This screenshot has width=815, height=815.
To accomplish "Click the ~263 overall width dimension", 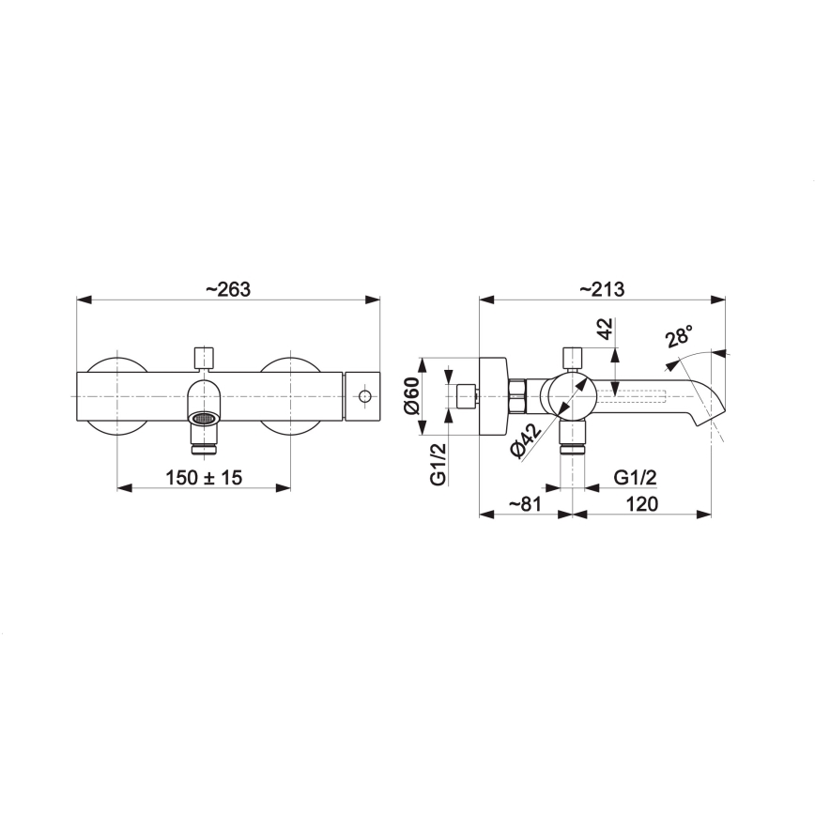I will (227, 289).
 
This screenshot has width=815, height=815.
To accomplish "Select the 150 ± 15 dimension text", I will (204, 478).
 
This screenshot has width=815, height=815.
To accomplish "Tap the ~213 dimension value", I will (602, 289).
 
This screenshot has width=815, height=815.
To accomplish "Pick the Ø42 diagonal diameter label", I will (527, 440).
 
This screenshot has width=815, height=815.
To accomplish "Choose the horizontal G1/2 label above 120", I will (635, 478).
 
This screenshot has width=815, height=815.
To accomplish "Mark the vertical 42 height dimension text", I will (605, 331).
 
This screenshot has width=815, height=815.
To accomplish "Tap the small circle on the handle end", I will (364, 398).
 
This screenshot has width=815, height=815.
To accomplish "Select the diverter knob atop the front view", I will (204, 358).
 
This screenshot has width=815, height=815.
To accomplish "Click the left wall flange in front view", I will (116, 398).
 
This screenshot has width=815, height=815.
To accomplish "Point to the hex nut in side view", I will (517, 397).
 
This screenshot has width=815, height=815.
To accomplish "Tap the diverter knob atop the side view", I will (572, 357).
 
